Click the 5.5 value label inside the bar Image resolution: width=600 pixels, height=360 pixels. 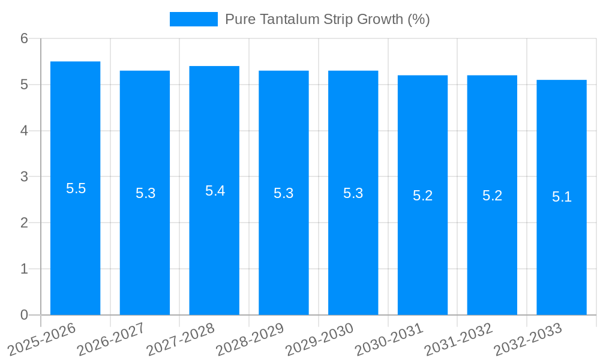[76, 188]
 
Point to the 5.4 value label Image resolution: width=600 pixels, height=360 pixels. [215, 191]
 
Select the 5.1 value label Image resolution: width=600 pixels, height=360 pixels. [562, 197]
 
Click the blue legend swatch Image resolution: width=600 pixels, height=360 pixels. [193, 19]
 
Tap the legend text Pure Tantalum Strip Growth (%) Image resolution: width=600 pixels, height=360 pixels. [327, 19]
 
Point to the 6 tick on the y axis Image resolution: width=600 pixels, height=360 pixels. [25, 38]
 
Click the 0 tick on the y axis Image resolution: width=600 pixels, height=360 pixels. [25, 315]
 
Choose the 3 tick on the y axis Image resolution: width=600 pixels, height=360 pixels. [25, 177]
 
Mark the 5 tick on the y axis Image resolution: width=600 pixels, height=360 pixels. [25, 85]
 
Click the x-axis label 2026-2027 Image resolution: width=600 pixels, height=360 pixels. [111, 340]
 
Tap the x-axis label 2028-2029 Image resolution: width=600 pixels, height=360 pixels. [250, 340]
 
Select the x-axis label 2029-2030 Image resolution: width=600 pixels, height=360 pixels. [319, 340]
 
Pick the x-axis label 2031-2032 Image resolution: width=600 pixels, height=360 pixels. [458, 340]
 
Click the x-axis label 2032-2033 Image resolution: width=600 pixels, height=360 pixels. [528, 340]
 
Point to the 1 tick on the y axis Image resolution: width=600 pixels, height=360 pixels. [25, 269]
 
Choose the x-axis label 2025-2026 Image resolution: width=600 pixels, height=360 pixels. [41, 340]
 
